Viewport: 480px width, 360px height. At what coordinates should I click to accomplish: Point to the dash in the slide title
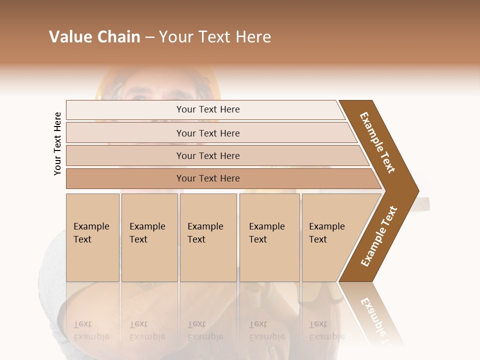149,37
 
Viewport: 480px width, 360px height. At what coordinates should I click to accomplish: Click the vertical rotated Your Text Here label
57,143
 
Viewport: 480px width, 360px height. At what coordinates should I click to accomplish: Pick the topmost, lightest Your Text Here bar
207,109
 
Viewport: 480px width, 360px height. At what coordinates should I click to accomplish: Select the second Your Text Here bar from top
207,133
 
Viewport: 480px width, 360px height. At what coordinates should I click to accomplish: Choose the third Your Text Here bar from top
207,155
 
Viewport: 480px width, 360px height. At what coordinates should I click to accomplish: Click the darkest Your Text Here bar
207,178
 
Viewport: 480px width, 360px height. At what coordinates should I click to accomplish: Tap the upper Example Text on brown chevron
378,142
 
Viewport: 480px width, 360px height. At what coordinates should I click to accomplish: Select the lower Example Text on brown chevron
379,236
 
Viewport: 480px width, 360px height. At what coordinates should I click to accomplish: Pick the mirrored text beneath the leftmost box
91,330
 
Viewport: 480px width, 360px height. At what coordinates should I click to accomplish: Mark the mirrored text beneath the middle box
205,330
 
